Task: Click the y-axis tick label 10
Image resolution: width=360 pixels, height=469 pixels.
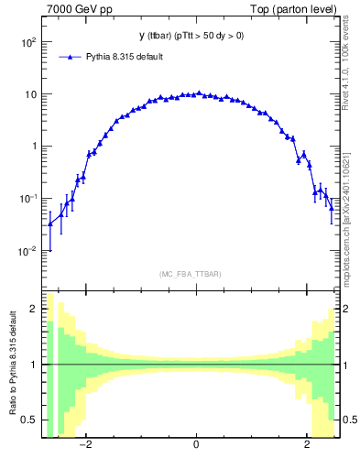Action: coord(30,95)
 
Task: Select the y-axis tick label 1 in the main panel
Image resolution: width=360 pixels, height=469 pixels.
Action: coord(33,147)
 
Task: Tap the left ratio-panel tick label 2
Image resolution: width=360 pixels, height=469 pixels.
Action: coord(34,309)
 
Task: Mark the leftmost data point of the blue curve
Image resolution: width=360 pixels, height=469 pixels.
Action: coord(49,224)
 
